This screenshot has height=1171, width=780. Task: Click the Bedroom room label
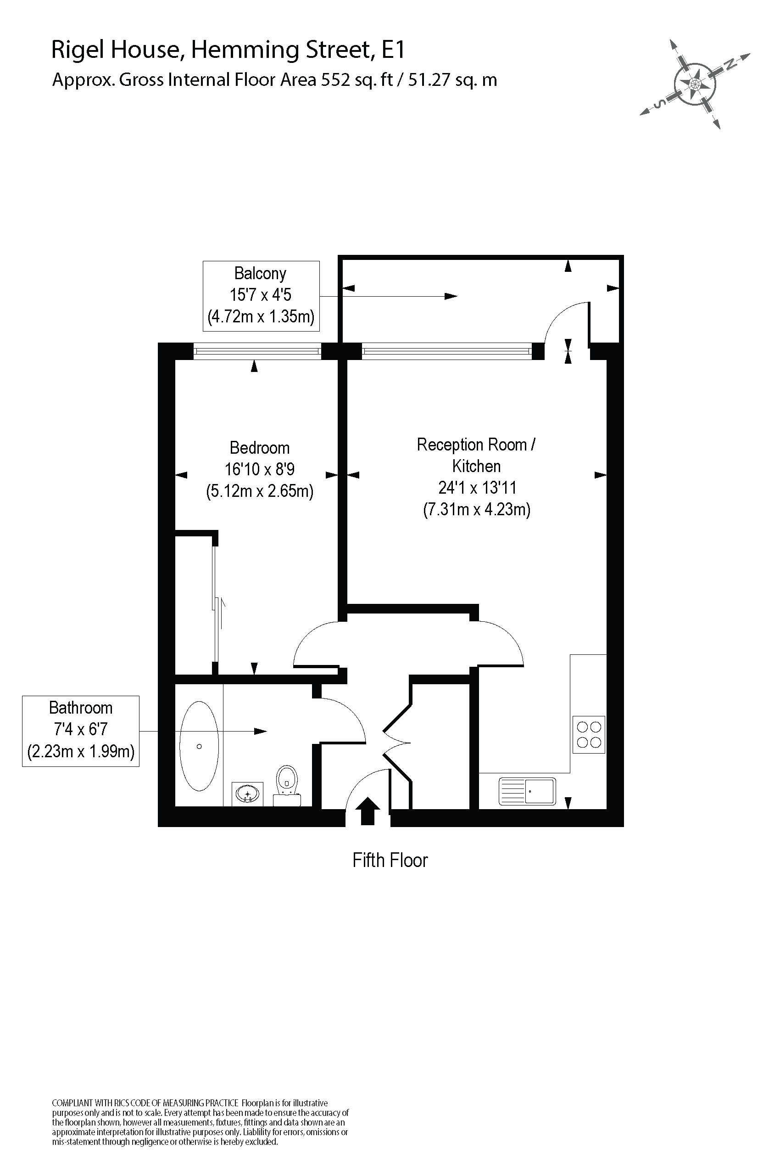[259, 448]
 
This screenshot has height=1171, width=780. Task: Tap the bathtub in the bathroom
[199, 746]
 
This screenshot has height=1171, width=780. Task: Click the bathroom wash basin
[247, 793]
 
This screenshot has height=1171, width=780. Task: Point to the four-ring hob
[589, 735]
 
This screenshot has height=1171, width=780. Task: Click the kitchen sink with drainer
[527, 791]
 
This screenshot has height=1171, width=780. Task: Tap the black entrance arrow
[368, 812]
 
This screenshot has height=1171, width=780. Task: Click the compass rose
[695, 83]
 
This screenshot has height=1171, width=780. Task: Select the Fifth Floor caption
[390, 860]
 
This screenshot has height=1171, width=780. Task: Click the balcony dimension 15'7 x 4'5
[260, 295]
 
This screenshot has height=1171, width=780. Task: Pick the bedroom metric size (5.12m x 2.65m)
[259, 491]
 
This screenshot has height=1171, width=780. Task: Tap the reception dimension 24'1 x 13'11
[477, 487]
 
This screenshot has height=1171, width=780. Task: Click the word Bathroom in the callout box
[81, 708]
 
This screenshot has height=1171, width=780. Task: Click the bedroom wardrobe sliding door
[215, 605]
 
